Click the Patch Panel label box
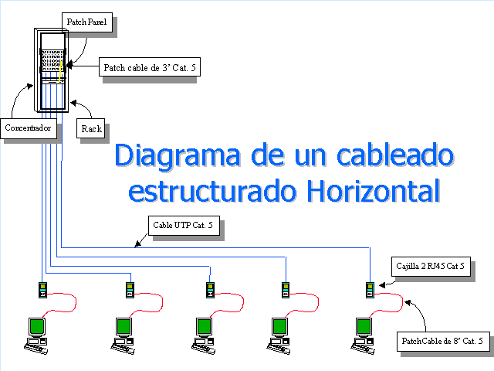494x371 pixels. coord(86,22)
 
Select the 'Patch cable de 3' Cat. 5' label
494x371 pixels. coord(151,68)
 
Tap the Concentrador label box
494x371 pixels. coord(29,128)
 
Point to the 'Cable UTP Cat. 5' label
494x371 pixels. coord(184,226)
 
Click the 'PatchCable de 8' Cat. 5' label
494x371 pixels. coord(444,340)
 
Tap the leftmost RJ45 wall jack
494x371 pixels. coord(43,291)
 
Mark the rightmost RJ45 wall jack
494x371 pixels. coord(370,291)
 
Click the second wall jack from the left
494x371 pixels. coord(130,291)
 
